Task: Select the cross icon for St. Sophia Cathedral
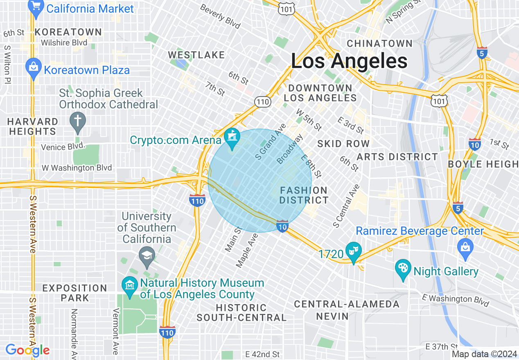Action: [x=77, y=122]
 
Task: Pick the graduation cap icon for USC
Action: [x=147, y=255]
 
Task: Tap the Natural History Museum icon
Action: [x=130, y=283]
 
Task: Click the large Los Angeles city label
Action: [x=349, y=61]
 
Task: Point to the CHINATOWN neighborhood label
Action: [x=379, y=43]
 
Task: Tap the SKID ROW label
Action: [x=343, y=144]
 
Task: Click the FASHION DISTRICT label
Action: [x=304, y=195]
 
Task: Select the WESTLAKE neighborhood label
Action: [x=196, y=55]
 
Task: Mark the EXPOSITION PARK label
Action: [x=75, y=293]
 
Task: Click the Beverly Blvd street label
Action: [x=220, y=17]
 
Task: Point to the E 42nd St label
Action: [x=262, y=354]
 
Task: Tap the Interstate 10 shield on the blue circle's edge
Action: [x=282, y=226]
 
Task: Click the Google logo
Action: [x=27, y=350]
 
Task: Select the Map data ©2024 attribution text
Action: [x=484, y=354]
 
